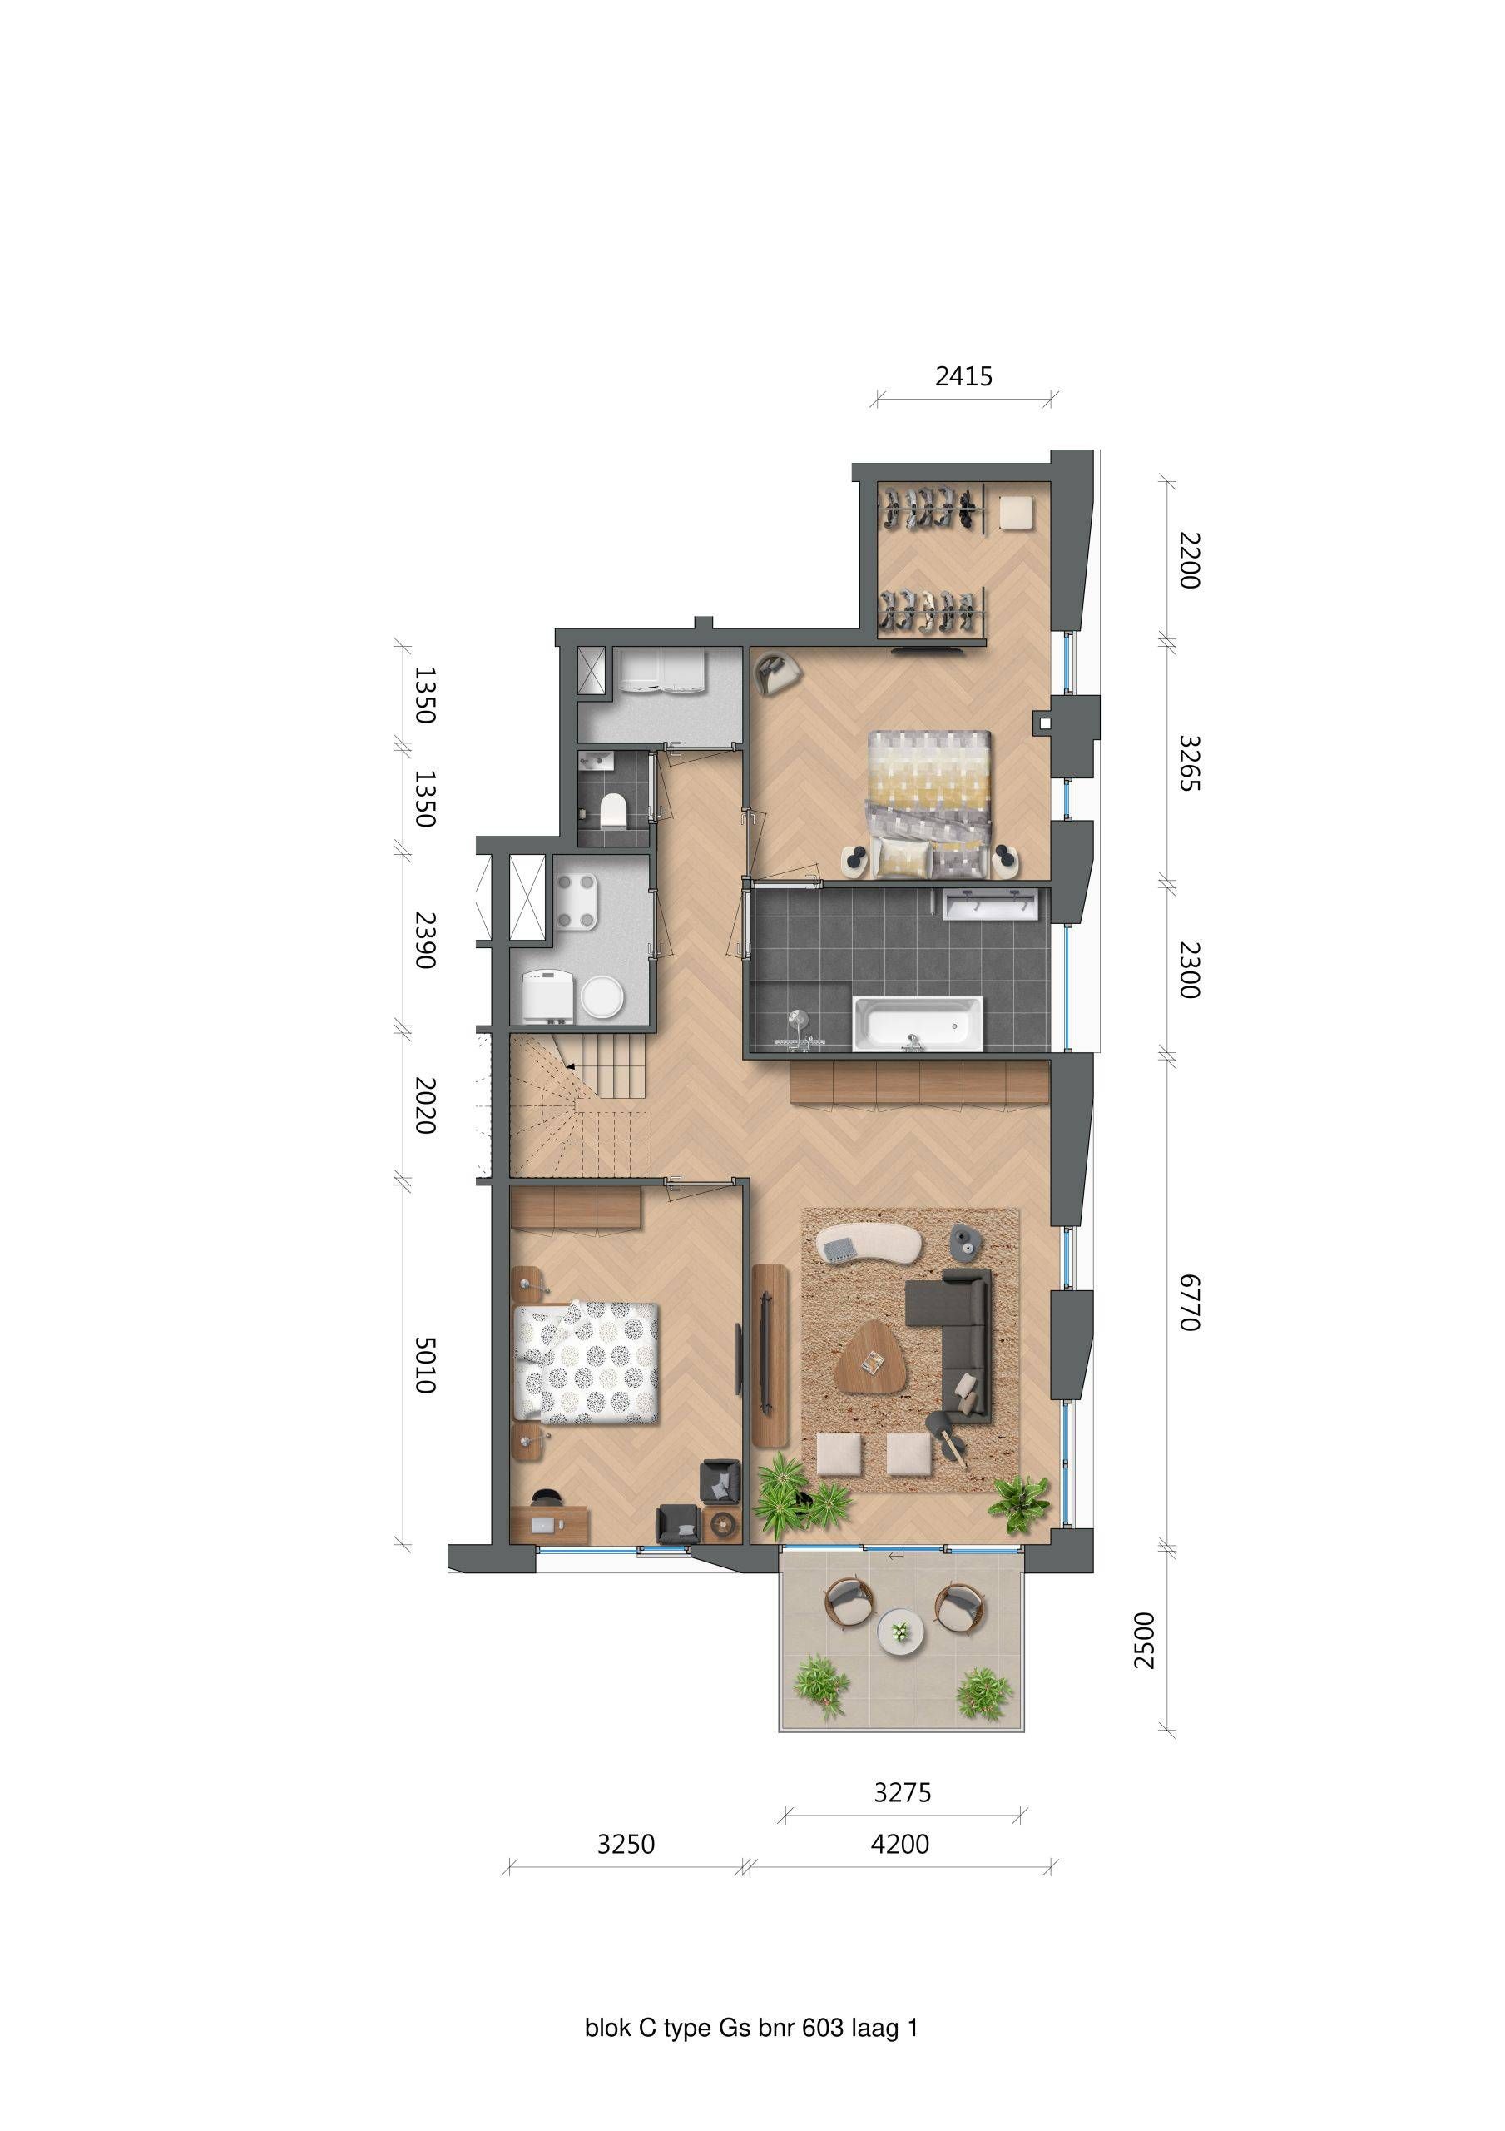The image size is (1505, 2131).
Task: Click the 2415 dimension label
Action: pos(963,376)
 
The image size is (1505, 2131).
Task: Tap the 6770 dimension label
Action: pos(1190,1302)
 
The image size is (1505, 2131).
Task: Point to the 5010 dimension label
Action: pos(424,1364)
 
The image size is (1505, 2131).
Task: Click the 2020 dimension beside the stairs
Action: pos(424,1105)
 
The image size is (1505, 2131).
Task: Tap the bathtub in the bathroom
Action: pos(917,1024)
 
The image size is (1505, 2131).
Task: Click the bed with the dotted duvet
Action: pos(587,1363)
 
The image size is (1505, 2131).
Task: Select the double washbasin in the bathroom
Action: pos(989,902)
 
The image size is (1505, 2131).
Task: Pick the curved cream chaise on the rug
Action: pos(867,1243)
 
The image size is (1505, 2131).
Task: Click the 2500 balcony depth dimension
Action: pos(1146,1640)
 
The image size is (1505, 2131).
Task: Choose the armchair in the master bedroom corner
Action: pos(776,672)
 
